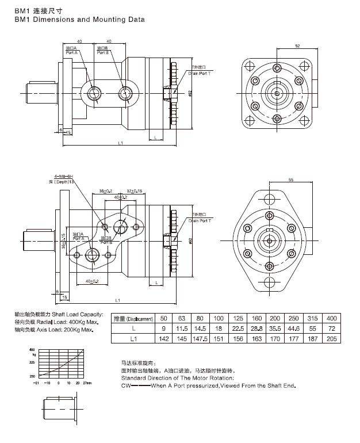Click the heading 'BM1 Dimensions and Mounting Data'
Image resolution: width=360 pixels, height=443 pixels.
click(x=79, y=20)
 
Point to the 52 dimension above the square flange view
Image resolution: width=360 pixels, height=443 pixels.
click(x=297, y=45)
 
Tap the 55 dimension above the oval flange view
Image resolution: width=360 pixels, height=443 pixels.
click(x=291, y=180)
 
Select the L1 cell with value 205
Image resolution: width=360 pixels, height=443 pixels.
click(x=332, y=339)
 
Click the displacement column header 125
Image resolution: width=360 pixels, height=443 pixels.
click(x=238, y=318)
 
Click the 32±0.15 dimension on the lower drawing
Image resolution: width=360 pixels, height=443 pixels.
click(x=134, y=190)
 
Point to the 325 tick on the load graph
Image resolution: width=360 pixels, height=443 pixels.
click(x=32, y=363)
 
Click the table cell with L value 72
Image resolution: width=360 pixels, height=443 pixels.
click(x=332, y=329)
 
